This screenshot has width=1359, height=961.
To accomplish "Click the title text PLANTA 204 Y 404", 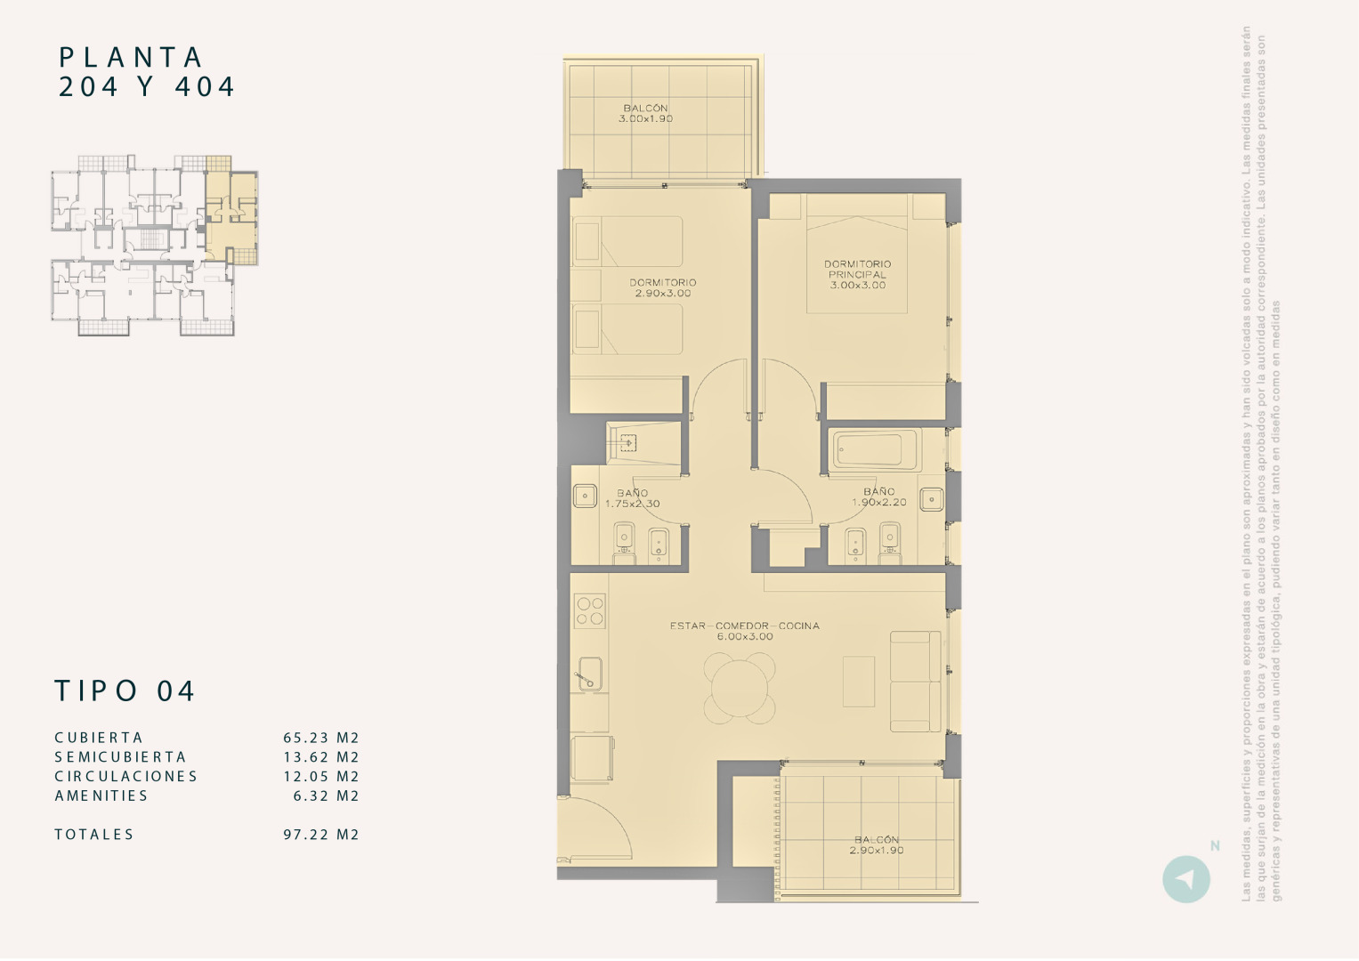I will tap(147, 72).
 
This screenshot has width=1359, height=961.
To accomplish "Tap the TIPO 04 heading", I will tap(125, 691).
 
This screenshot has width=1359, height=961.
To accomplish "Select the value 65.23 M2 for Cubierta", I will tap(321, 738).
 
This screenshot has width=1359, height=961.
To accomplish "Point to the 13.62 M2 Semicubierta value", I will tap(321, 757).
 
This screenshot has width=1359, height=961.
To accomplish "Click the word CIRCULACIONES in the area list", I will tap(125, 776).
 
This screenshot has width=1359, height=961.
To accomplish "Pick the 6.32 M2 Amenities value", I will tap(326, 795).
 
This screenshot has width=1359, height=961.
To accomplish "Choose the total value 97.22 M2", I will tap(321, 835).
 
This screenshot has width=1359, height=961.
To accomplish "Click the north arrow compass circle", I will tap(1185, 879).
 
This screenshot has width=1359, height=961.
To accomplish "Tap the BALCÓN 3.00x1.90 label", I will tap(646, 113).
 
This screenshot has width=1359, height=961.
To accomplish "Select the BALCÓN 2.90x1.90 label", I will tap(877, 844).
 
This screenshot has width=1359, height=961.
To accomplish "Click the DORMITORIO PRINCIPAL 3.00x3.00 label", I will tap(857, 274).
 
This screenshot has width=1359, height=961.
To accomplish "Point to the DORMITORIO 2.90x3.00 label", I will tap(663, 287).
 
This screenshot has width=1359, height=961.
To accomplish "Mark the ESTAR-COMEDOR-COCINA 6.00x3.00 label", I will tap(745, 631).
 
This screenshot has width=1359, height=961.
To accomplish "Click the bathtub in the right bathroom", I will tap(877, 450).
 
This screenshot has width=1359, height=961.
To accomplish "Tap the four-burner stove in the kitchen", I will tap(590, 611).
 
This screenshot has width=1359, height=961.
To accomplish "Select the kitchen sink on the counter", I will tap(589, 674).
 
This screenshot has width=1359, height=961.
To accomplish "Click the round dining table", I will tap(739, 687).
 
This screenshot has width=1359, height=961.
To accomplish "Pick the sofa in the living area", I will tap(915, 682).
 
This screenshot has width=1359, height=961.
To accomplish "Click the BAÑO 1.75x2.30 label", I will tap(632, 498).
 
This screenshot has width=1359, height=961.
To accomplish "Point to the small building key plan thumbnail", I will tap(155, 246).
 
